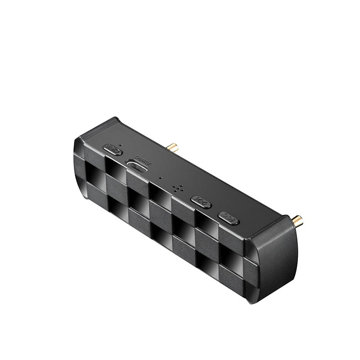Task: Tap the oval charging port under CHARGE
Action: tap(137, 166)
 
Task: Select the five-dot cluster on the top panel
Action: tap(178, 188)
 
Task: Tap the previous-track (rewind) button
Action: tap(201, 202)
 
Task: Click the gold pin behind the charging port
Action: tap(172, 147)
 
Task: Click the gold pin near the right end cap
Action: tap(297, 220)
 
